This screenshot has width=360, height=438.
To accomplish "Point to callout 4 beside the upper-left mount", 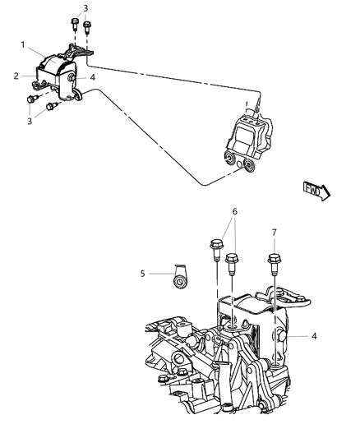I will click(x=92, y=78).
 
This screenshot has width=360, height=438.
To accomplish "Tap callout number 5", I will click(x=141, y=274).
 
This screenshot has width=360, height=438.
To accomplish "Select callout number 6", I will click(x=236, y=211).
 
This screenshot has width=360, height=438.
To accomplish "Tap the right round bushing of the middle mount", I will click(x=246, y=168).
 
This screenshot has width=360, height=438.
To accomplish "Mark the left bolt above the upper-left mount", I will click(x=74, y=24).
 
